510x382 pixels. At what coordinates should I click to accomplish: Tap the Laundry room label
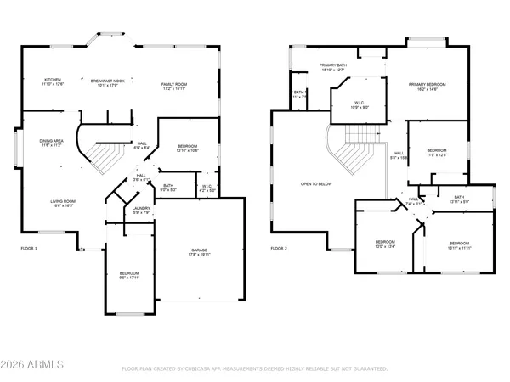(142, 211)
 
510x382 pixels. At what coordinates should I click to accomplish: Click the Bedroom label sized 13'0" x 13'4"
(385, 244)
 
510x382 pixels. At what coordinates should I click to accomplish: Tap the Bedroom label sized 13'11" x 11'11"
(459, 244)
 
